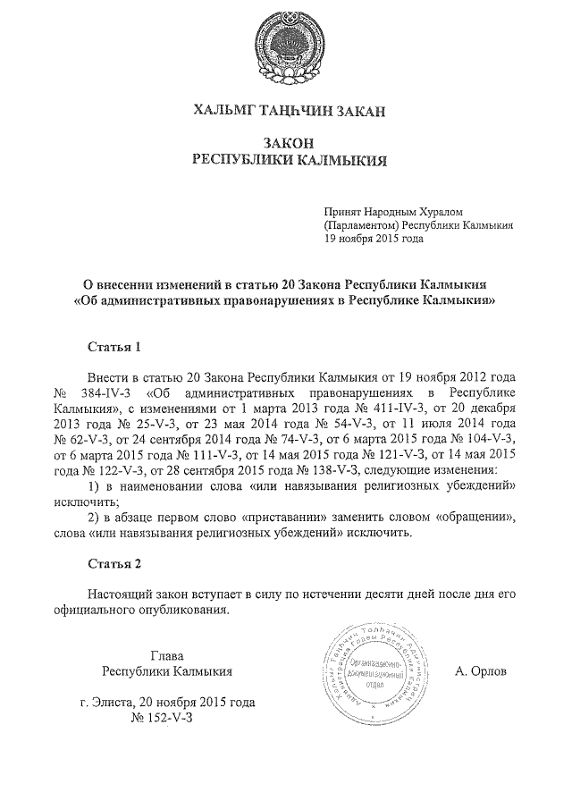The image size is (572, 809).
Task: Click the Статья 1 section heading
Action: [114, 345]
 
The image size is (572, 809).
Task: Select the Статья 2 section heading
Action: [114, 564]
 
